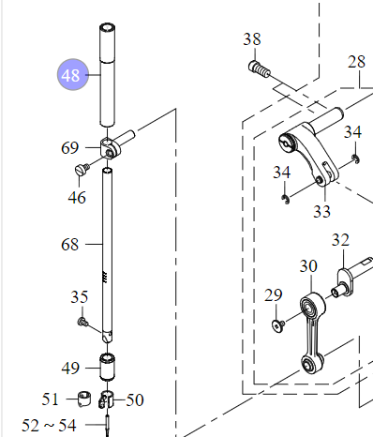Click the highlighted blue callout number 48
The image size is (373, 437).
tap(73, 75)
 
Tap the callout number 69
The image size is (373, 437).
tap(70, 147)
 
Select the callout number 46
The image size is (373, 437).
tap(77, 198)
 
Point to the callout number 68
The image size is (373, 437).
tap(70, 244)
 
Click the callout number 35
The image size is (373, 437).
tap(80, 296)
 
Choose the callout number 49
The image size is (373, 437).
tap(70, 368)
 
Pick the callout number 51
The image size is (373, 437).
tap(51, 399)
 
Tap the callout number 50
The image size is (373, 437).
tap(135, 399)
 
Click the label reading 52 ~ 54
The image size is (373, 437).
tap(49, 425)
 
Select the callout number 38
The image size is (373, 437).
tap(252, 39)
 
